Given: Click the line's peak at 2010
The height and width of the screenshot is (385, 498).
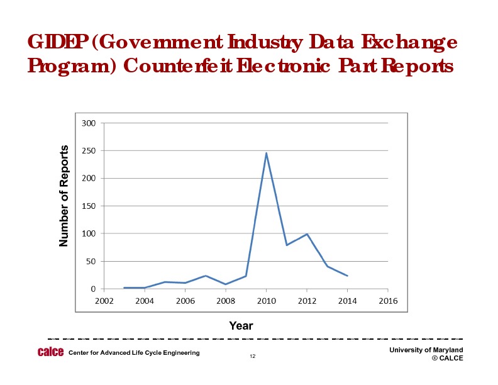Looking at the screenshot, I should pyautogui.click(x=266, y=153).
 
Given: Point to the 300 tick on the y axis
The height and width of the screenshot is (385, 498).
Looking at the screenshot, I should pyautogui.click(x=89, y=123).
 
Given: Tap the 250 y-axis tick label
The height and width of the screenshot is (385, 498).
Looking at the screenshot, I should pyautogui.click(x=89, y=151).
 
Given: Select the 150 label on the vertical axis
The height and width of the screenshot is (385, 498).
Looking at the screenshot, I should pyautogui.click(x=89, y=206).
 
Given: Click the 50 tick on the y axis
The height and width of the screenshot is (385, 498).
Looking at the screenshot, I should pyautogui.click(x=91, y=262).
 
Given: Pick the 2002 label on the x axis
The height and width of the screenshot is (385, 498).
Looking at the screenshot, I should pyautogui.click(x=104, y=301).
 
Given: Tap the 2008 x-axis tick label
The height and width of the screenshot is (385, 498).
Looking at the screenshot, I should pyautogui.click(x=226, y=301).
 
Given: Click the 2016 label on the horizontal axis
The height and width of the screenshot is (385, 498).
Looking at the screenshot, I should pyautogui.click(x=388, y=301).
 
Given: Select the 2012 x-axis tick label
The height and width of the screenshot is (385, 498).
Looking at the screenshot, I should pyautogui.click(x=307, y=301).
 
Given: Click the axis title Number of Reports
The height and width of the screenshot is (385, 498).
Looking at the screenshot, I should pyautogui.click(x=64, y=196).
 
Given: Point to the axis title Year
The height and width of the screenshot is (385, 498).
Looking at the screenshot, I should pyautogui.click(x=241, y=325).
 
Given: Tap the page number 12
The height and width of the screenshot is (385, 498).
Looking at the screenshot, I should pyautogui.click(x=252, y=357).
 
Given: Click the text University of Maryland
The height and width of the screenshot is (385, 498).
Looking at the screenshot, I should pyautogui.click(x=426, y=350).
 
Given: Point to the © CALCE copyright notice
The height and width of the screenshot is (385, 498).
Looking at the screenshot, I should pyautogui.click(x=447, y=358).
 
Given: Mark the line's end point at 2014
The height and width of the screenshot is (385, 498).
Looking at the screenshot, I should pyautogui.click(x=347, y=276).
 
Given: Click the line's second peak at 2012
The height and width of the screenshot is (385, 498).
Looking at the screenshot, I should pyautogui.click(x=307, y=234).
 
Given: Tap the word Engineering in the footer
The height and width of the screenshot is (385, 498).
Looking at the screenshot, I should pyautogui.click(x=179, y=352).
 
